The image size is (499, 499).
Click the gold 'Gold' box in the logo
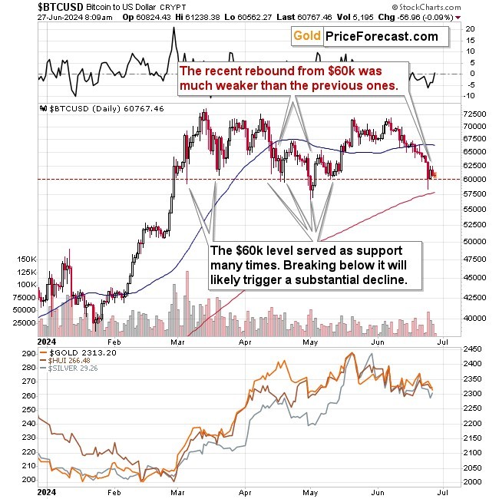tap(307, 36)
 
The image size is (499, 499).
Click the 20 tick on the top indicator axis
tap(469, 29)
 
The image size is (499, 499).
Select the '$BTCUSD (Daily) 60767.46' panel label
tap(95, 109)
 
